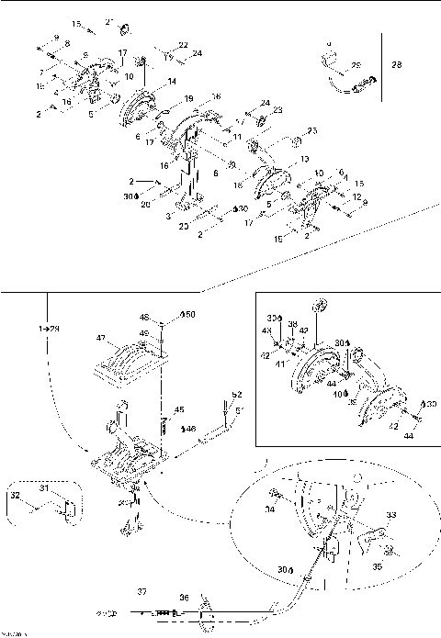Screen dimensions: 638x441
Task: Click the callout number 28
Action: click(397, 65)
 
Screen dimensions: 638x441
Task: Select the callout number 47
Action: click(102, 338)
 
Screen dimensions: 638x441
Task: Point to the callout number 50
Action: click(189, 315)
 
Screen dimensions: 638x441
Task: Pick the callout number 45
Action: click(180, 409)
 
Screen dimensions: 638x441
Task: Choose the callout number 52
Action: click(236, 394)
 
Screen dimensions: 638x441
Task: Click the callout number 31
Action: click(42, 488)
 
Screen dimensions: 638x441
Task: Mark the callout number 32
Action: click(13, 495)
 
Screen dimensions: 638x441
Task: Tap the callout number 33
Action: click(366, 515)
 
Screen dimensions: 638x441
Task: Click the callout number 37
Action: click(141, 591)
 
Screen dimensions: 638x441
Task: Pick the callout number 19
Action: click(189, 97)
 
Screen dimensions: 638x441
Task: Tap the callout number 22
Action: click(183, 44)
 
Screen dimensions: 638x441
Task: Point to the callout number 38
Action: click(292, 324)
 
